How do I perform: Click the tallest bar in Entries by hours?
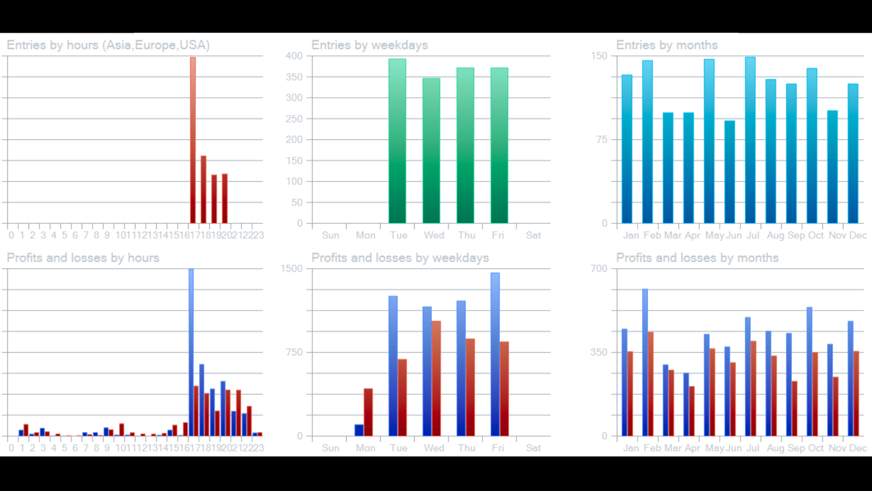(x=193, y=141)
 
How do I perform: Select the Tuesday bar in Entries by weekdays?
(x=397, y=141)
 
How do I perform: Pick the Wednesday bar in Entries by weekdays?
(x=431, y=150)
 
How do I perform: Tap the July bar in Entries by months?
(x=750, y=141)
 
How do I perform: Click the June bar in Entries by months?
(x=730, y=173)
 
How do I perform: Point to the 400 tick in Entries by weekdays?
(x=294, y=56)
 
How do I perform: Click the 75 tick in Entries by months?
(x=602, y=140)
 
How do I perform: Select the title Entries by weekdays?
(x=370, y=45)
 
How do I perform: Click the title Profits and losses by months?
(x=697, y=258)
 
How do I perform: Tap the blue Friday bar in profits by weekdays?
(x=495, y=355)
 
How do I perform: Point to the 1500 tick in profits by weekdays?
(x=292, y=269)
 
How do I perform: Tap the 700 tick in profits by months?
(x=599, y=269)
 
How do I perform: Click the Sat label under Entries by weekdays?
(x=533, y=235)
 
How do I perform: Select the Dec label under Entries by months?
(x=858, y=235)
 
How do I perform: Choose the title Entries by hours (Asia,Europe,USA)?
(x=108, y=45)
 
